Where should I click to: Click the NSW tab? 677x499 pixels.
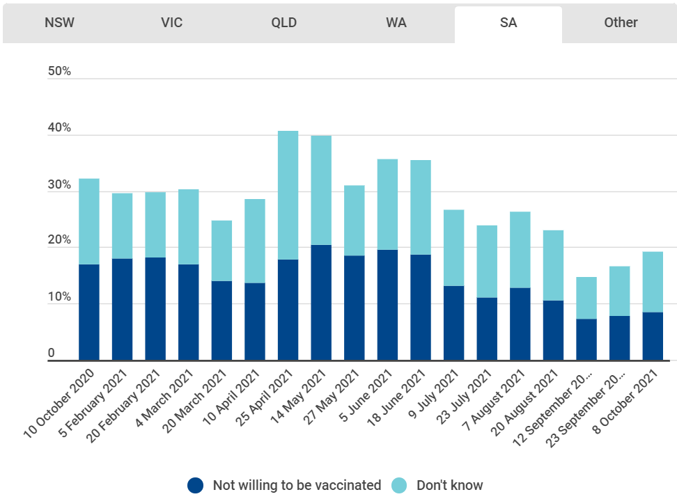coord(59,22)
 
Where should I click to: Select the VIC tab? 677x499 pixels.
coord(171,22)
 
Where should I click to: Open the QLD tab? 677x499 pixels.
coord(284,22)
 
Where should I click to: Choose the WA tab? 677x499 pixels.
coord(396,22)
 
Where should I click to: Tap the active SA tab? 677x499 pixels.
coord(508,22)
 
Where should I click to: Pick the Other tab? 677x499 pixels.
coord(621,22)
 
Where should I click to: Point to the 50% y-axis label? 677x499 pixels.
coord(59,72)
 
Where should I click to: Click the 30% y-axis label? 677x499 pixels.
coord(59,185)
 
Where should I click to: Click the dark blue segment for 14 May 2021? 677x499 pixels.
coord(321,302)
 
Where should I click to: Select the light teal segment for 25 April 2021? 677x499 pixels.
coord(288,195)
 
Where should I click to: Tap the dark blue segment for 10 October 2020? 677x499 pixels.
coord(89,312)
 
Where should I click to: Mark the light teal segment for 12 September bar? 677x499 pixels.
coord(586,298)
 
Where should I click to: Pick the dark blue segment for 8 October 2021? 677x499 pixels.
coord(653,335)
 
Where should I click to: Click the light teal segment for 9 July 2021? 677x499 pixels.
coord(453,248)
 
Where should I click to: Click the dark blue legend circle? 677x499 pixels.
coord(196,485)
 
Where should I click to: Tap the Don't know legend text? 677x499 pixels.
coord(449,485)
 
